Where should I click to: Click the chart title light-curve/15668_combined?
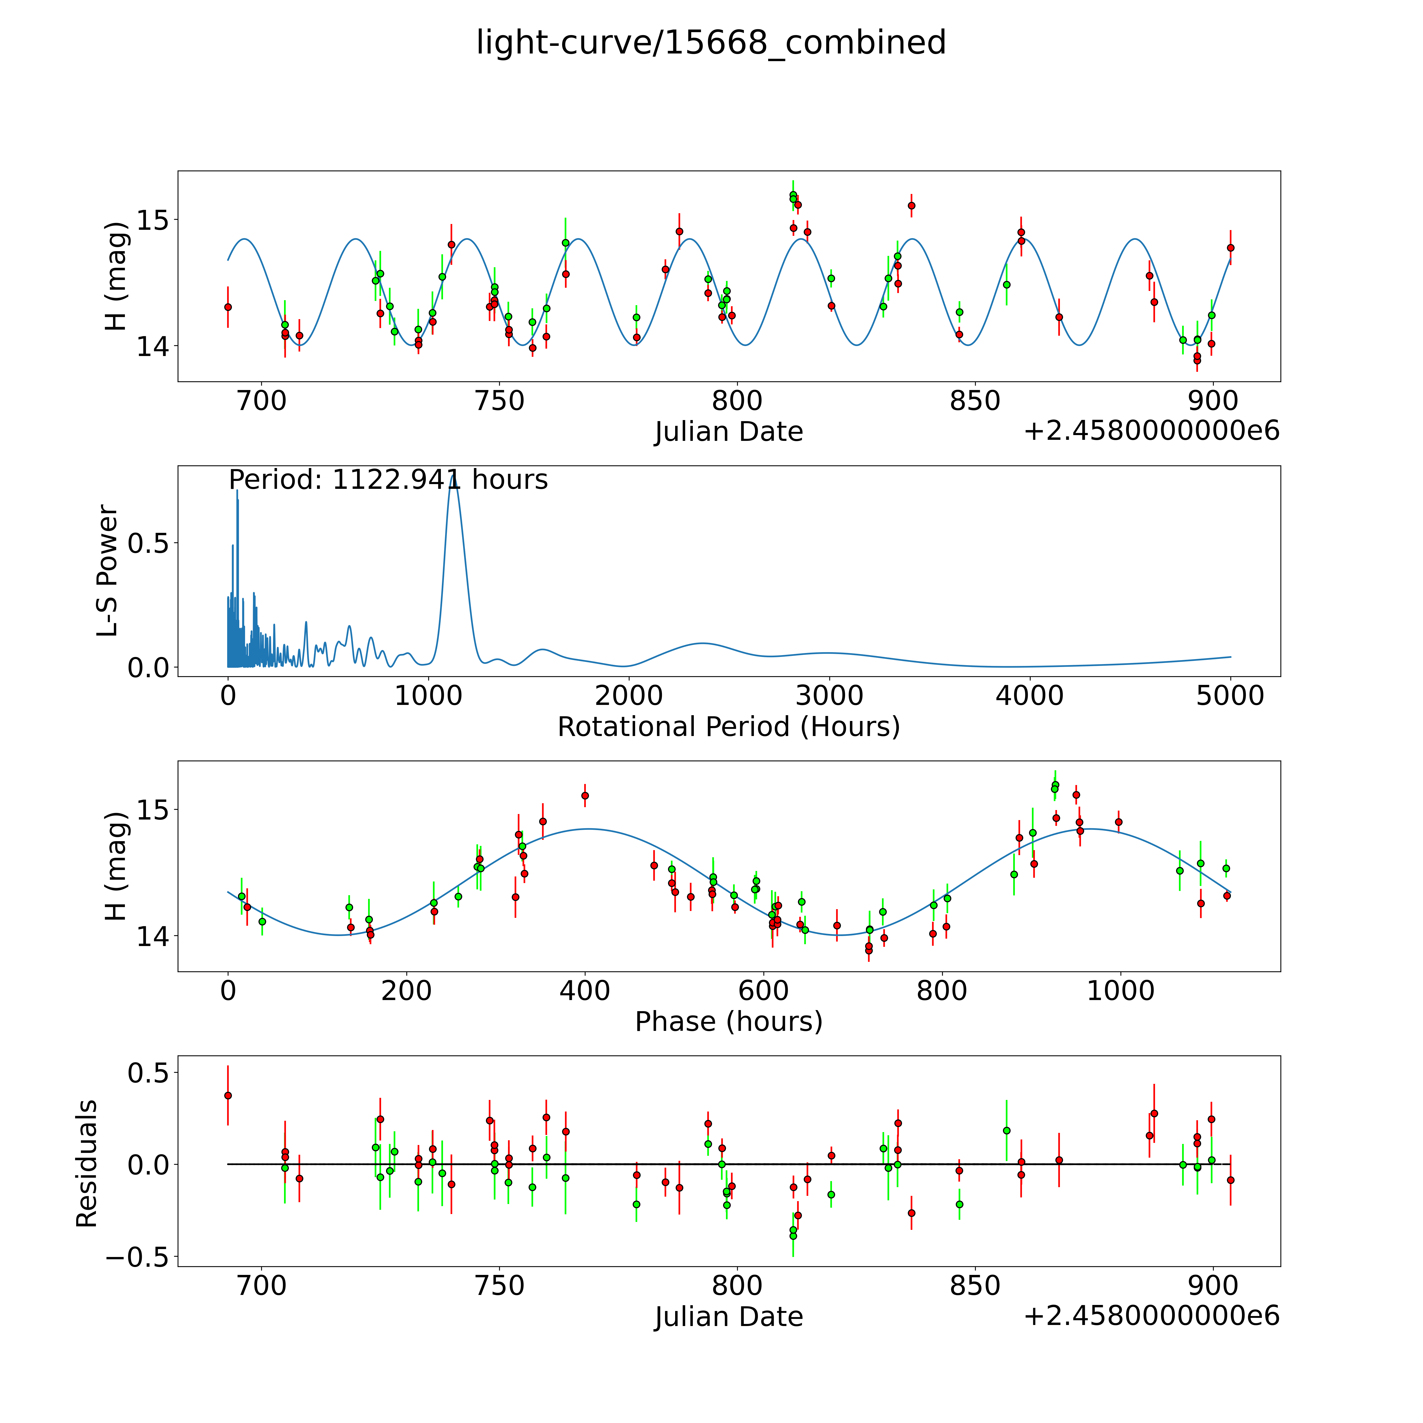pyautogui.click(x=711, y=43)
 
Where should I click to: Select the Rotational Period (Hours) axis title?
pyautogui.click(x=728, y=727)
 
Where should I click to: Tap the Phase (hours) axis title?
pyautogui.click(x=728, y=1022)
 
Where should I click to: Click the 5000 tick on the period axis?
pyautogui.click(x=1230, y=696)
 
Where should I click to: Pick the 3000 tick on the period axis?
pyautogui.click(x=829, y=696)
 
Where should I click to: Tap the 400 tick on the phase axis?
pyautogui.click(x=585, y=991)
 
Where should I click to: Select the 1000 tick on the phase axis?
pyautogui.click(x=1120, y=991)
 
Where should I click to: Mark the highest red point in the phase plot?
pyautogui.click(x=585, y=796)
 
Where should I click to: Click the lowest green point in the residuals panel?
pyautogui.click(x=792, y=1236)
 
